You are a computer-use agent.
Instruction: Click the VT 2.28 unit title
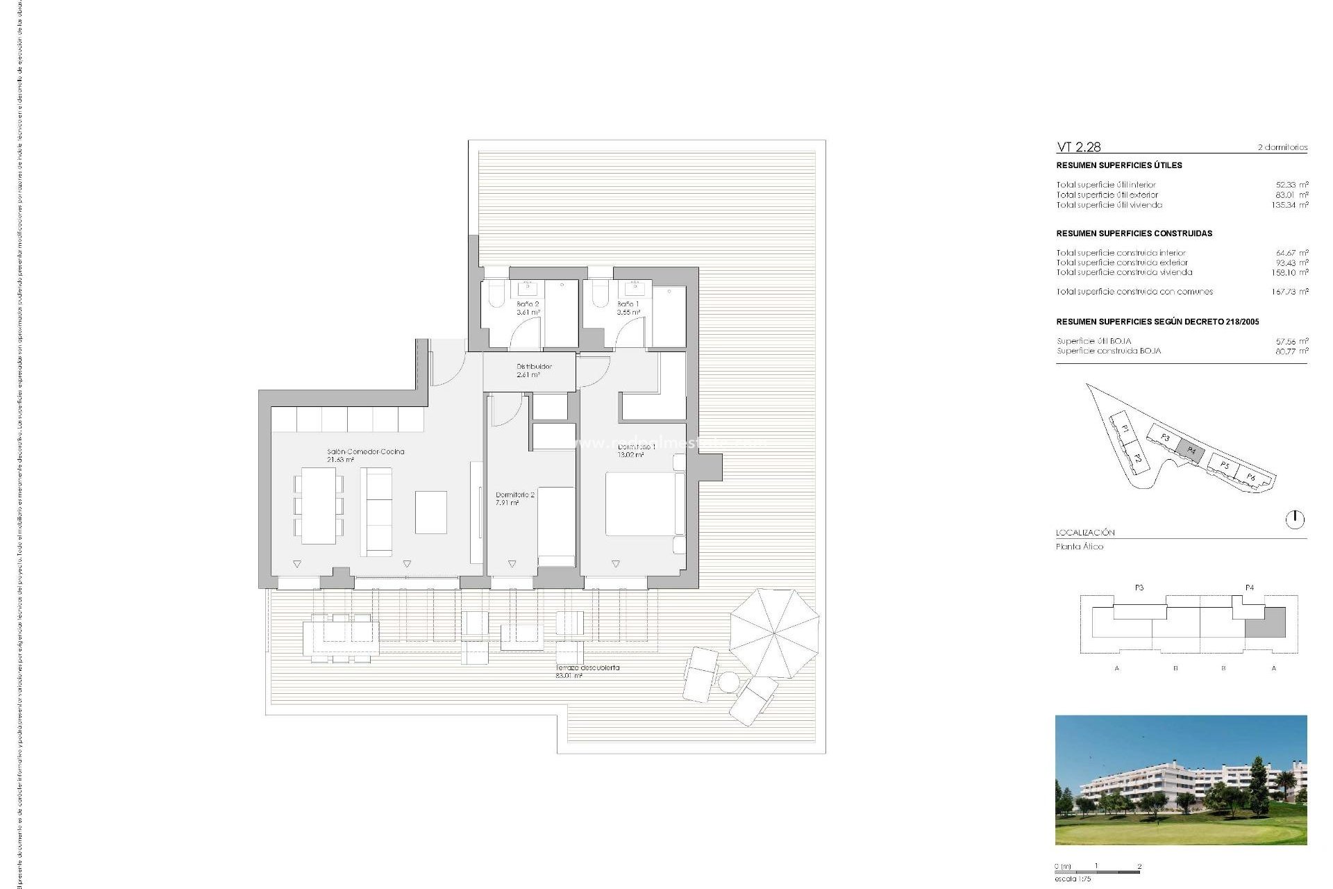1078,147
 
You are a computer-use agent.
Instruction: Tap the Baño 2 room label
528,308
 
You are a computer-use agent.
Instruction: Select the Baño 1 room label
628,308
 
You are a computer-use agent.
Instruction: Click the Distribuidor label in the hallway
533,370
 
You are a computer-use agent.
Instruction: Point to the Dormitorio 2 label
514,498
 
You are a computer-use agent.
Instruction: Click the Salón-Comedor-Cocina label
365,455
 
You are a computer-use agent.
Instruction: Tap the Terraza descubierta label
587,671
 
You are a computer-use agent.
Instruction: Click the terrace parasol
773,633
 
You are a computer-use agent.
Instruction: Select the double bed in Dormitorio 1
640,504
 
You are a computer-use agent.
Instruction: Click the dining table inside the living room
319,505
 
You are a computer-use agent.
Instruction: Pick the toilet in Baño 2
496,294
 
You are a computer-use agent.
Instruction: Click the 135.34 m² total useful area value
1290,205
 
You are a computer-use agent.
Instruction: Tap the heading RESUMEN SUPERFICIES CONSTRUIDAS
1134,233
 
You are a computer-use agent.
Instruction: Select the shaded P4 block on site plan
1191,450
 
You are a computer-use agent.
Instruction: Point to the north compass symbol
1295,519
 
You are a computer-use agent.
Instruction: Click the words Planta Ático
1080,547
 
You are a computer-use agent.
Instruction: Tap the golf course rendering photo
1180,779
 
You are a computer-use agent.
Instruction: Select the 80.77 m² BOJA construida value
1291,351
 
